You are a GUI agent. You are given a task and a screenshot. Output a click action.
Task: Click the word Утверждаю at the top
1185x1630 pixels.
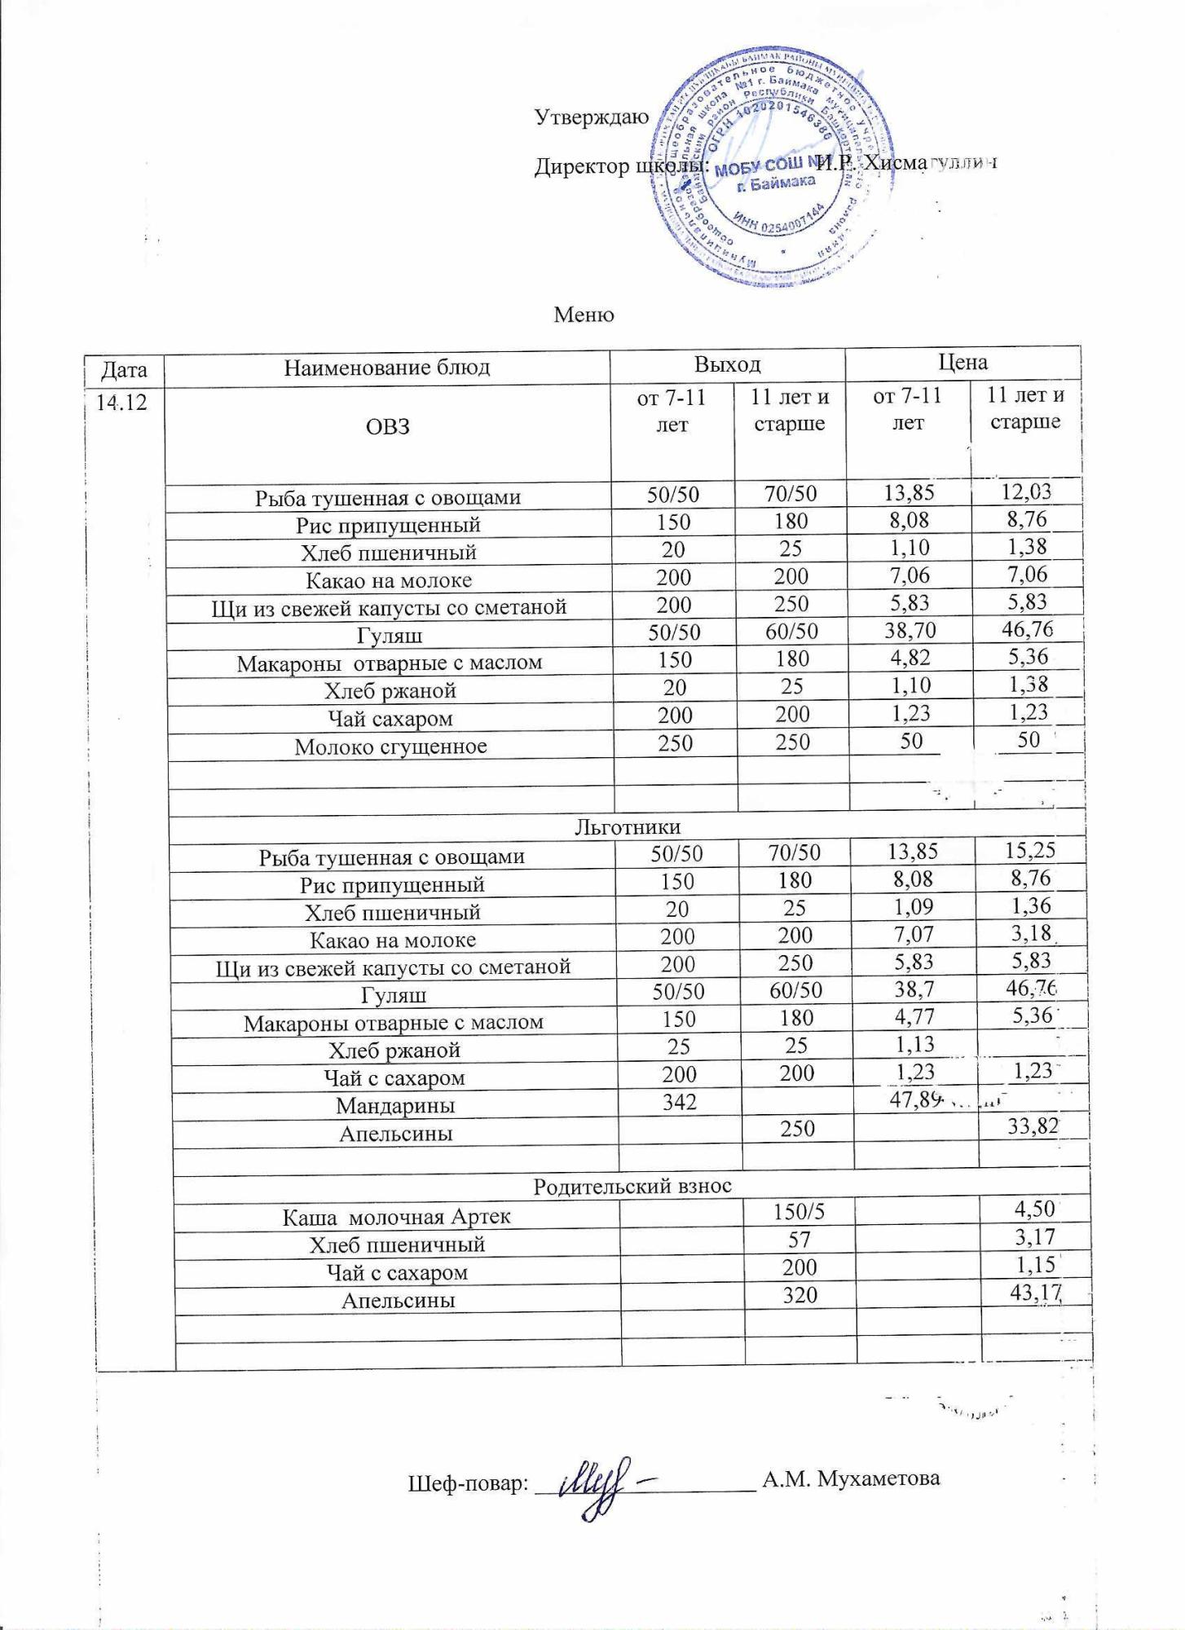pyautogui.click(x=592, y=117)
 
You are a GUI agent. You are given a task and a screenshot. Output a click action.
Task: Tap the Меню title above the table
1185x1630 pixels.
pyautogui.click(x=584, y=315)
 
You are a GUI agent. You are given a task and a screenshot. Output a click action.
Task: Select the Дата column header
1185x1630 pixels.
pyautogui.click(x=124, y=371)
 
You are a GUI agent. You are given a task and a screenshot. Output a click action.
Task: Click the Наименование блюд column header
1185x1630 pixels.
pyautogui.click(x=387, y=368)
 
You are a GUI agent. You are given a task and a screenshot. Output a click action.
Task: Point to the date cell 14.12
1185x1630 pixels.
pyautogui.click(x=121, y=402)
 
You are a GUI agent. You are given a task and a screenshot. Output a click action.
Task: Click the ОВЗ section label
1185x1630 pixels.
pyautogui.click(x=388, y=426)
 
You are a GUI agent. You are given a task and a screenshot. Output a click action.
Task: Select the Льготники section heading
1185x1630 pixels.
pyautogui.click(x=628, y=827)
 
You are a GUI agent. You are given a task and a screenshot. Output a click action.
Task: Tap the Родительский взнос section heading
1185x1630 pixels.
pyautogui.click(x=632, y=1187)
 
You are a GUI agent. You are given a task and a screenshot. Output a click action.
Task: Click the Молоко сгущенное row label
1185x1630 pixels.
pyautogui.click(x=390, y=747)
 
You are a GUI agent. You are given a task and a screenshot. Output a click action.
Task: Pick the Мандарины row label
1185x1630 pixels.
pyautogui.click(x=395, y=1106)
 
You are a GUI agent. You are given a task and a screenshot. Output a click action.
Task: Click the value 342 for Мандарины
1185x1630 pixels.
pyautogui.click(x=679, y=1102)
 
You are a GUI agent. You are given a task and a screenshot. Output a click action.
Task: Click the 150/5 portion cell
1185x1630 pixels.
pyautogui.click(x=799, y=1212)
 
